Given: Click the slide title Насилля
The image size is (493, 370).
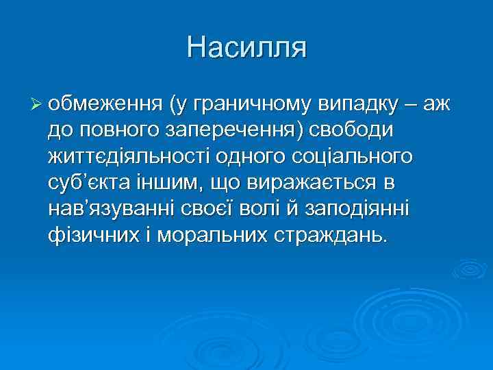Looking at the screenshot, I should [246, 48].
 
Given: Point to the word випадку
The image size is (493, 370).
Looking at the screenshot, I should [358, 105].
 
